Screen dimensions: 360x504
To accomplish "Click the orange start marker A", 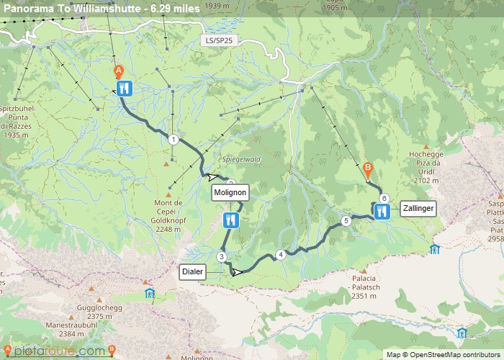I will [119, 71].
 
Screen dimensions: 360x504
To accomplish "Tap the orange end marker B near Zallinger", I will [368, 170].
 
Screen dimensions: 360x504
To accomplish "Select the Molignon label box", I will [230, 193].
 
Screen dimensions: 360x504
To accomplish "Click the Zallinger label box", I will [418, 208].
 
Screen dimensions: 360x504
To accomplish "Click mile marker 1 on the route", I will [173, 140].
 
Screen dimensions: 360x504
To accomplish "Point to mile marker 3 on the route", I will [222, 257].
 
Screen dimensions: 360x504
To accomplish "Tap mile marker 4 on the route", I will [281, 254].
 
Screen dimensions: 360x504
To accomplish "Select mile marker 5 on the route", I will [346, 221].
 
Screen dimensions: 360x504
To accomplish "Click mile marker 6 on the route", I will [384, 199].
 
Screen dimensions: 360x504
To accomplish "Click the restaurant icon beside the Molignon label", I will [231, 220].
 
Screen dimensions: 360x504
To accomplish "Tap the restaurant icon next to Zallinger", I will [382, 211].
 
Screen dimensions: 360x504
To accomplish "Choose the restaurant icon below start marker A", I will [125, 89].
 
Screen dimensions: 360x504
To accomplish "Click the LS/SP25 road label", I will [219, 41].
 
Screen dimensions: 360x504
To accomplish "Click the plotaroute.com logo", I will [55, 351].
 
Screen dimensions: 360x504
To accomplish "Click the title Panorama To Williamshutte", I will [102, 8].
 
